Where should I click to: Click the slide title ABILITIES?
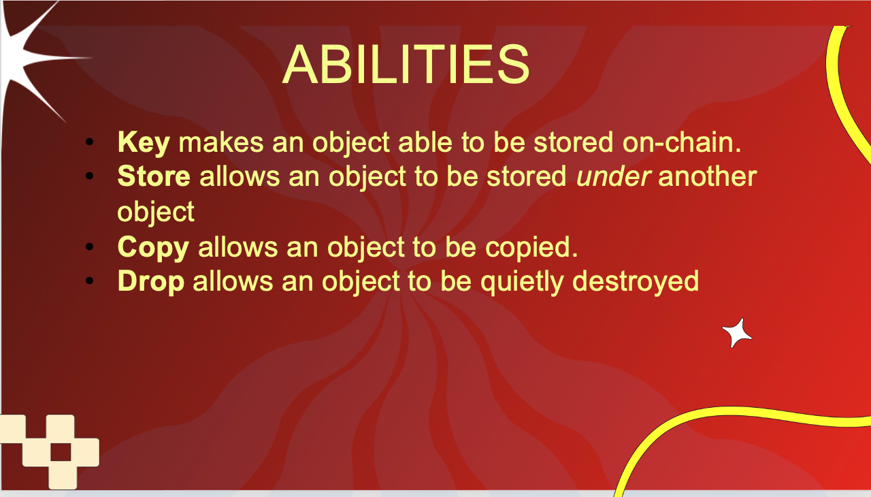point(406,64)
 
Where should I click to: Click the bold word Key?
point(144,143)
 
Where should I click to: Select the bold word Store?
point(154,176)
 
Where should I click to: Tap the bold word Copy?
point(153,248)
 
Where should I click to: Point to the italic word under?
point(613,176)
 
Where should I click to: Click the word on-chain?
point(682,142)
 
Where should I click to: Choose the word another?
point(707,176)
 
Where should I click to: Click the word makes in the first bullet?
point(221,142)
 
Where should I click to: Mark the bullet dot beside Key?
point(89,142)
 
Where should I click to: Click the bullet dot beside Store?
point(89,176)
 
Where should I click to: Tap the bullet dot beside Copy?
point(89,246)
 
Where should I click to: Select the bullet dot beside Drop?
point(89,280)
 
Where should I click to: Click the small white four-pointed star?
point(736,334)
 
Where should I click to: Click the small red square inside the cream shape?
point(61,451)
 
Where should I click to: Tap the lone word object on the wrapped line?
point(156,212)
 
